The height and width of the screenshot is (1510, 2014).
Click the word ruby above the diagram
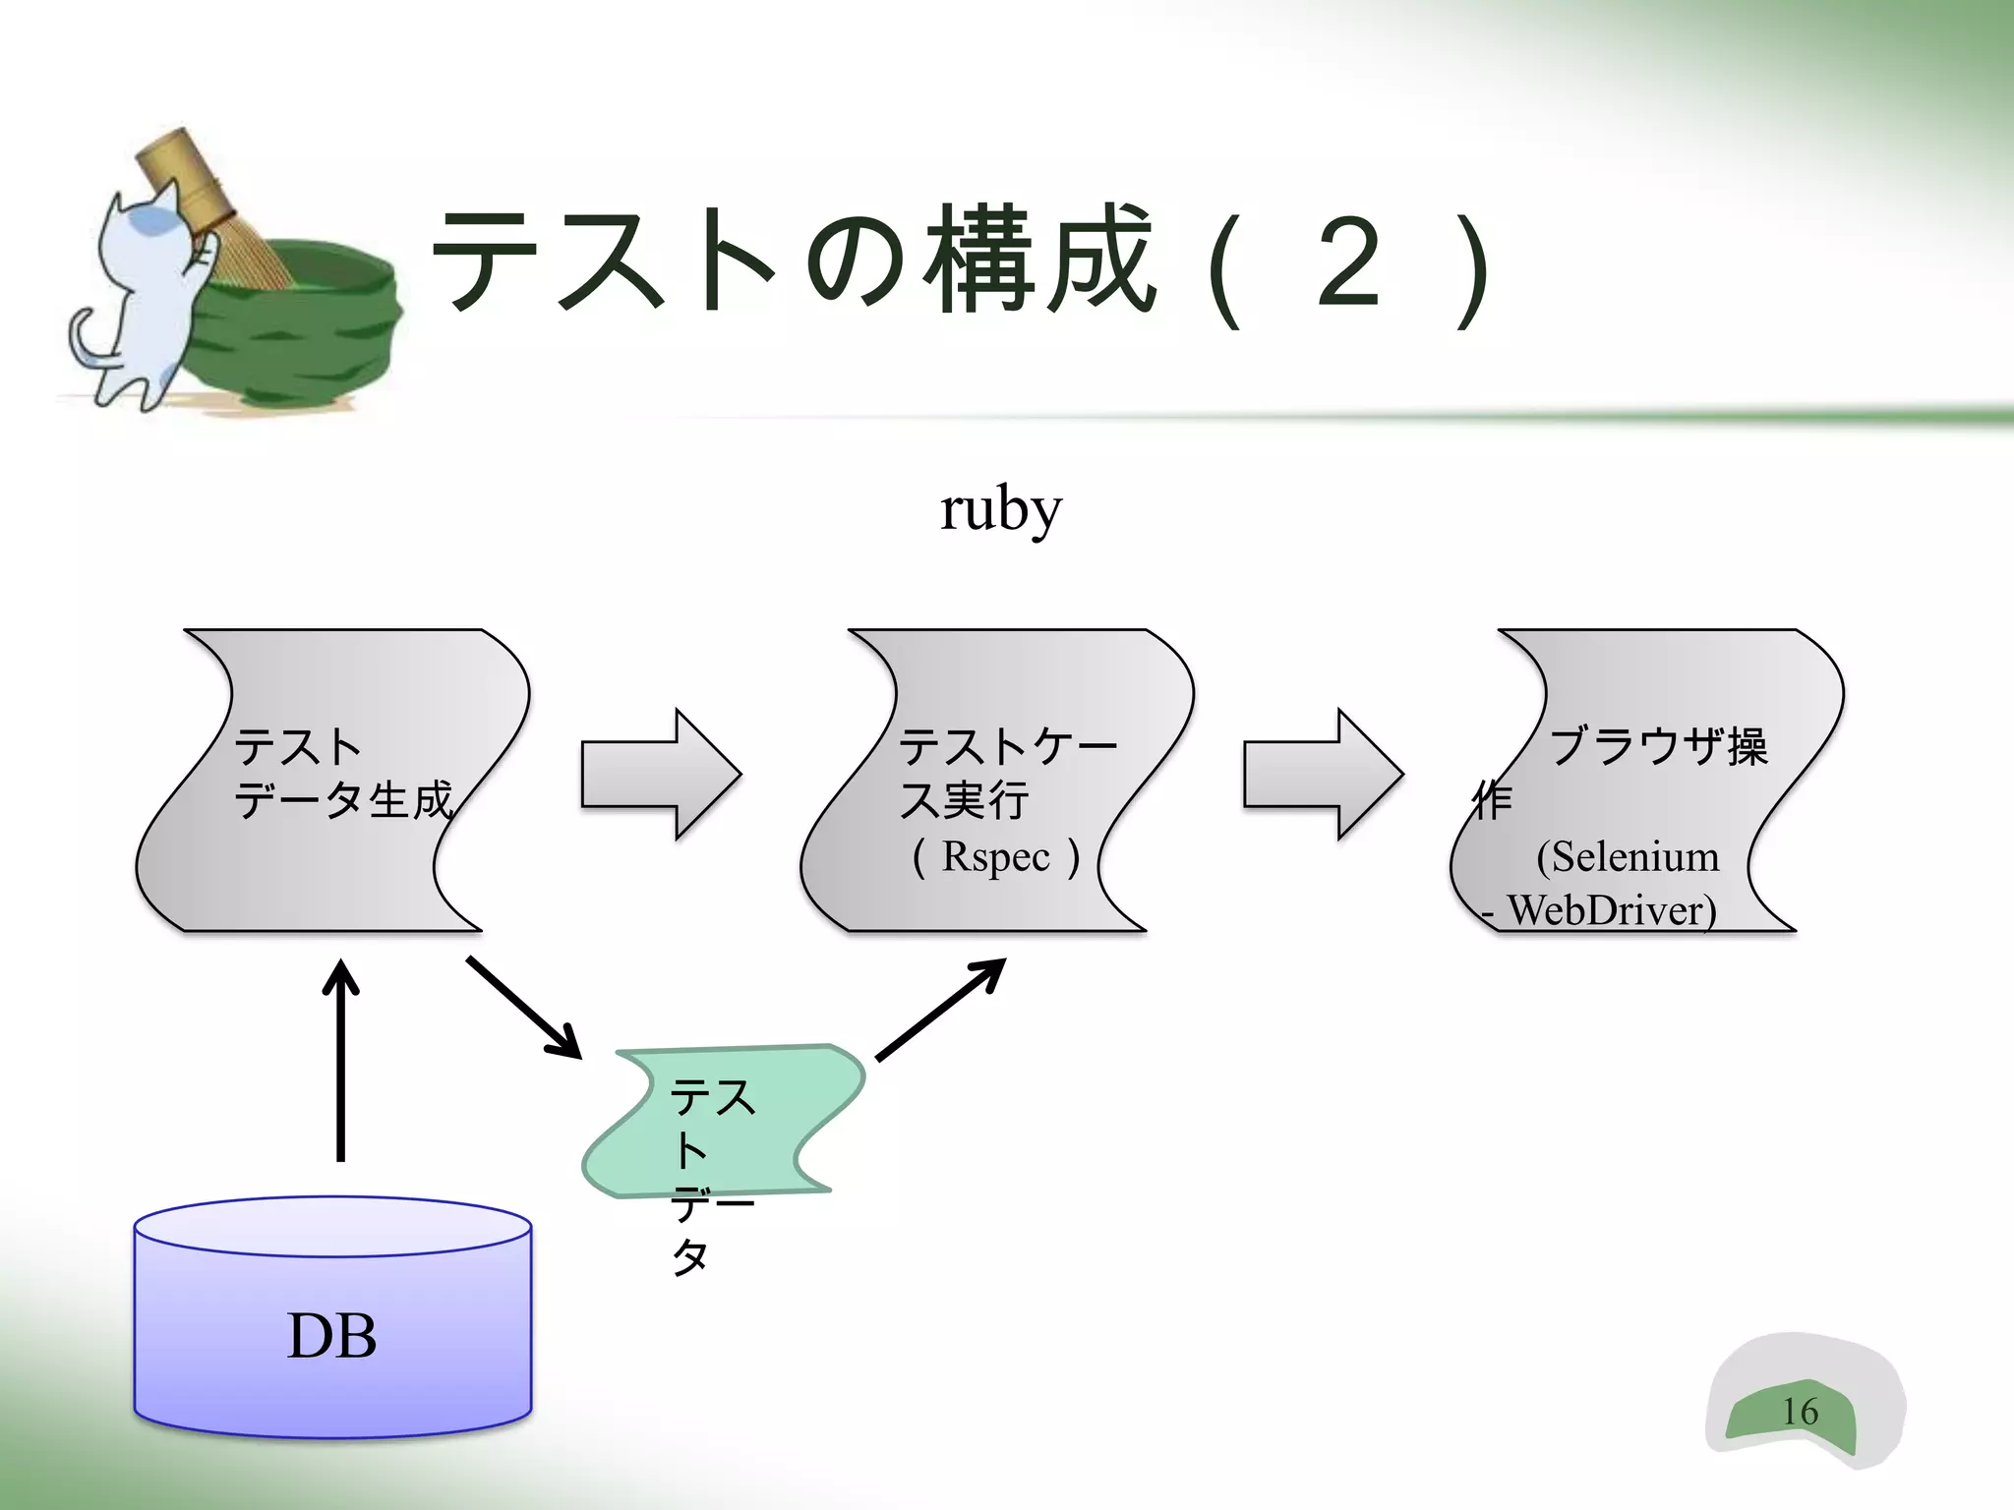[1000, 510]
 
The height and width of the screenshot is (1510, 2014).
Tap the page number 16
[1800, 1412]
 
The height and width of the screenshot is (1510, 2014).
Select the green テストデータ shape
[728, 1121]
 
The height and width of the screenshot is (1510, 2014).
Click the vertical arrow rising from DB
[340, 1062]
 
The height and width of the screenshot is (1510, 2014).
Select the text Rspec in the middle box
[996, 856]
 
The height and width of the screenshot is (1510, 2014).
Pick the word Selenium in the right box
[1634, 857]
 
